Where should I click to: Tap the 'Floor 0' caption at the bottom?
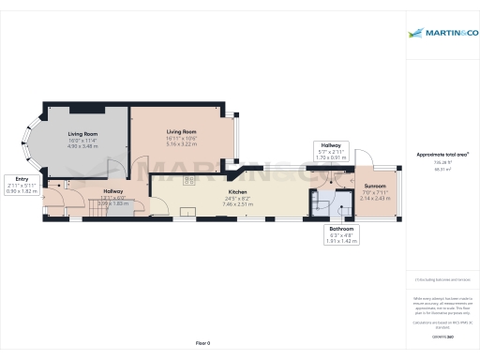click(x=202, y=344)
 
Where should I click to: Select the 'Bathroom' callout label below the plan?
click(x=341, y=228)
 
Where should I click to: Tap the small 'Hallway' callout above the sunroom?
click(x=331, y=146)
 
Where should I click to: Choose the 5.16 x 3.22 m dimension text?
click(x=181, y=144)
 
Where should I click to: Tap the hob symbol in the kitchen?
click(x=188, y=209)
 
